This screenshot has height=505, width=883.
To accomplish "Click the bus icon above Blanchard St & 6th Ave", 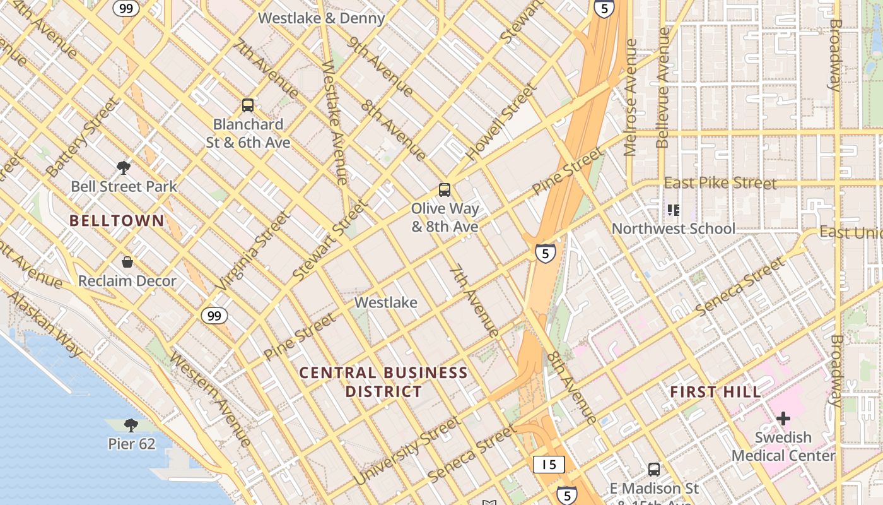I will coord(248,105).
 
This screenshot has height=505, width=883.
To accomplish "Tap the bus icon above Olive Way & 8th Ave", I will coord(445,189).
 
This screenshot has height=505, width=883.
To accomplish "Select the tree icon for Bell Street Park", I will coord(124,168).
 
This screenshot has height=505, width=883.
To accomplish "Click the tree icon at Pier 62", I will coord(131,425).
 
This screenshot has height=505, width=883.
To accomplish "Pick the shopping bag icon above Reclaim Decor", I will coord(127,261).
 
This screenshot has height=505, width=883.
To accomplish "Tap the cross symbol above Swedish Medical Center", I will coord(783,418).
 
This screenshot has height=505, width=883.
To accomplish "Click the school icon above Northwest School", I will coord(674,210).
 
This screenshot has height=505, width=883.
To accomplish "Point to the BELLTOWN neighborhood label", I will coord(117,221).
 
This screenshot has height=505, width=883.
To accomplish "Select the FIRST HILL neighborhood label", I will coord(715,392).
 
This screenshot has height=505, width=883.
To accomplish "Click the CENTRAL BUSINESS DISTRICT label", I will coord(383,382).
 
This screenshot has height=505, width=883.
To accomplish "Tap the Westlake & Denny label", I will coord(321,18).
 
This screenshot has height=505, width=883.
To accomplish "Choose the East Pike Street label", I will coord(720,183).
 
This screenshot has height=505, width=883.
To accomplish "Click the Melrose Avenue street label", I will coord(630,98).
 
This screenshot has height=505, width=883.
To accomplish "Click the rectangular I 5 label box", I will coord(549,465).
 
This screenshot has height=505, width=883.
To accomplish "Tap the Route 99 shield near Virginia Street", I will coord(214,315).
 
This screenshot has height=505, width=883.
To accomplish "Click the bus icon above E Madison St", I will coord(654,470).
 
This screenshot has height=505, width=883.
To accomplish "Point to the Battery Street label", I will coord(82,137).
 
